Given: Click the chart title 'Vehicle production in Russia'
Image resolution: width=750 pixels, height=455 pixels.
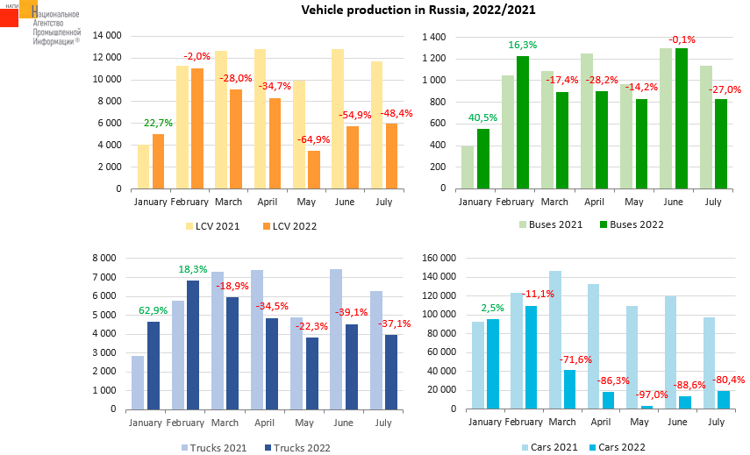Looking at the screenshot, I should click(418, 11).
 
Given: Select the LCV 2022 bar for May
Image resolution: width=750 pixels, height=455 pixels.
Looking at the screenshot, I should click(313, 170).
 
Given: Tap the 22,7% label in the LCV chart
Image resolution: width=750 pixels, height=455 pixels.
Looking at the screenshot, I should click(158, 123).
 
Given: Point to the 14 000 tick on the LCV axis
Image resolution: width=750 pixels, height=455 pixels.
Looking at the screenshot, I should click(106, 36).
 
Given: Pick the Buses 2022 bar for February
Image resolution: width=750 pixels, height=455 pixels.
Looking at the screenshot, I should click(523, 123).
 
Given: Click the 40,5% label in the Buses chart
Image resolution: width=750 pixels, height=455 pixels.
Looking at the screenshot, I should click(482, 117).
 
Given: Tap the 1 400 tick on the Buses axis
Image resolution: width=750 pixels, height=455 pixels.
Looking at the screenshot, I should click(433, 37).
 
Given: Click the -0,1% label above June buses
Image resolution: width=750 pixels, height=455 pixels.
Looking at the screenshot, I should click(682, 39).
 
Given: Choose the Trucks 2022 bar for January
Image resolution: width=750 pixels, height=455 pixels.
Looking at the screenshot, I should click(154, 366).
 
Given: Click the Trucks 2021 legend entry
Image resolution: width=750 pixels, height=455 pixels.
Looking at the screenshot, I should click(215, 448).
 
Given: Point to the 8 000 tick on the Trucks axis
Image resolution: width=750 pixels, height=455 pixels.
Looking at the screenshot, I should click(104, 259).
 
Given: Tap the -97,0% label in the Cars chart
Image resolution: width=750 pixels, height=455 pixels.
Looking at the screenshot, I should click(646, 395).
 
